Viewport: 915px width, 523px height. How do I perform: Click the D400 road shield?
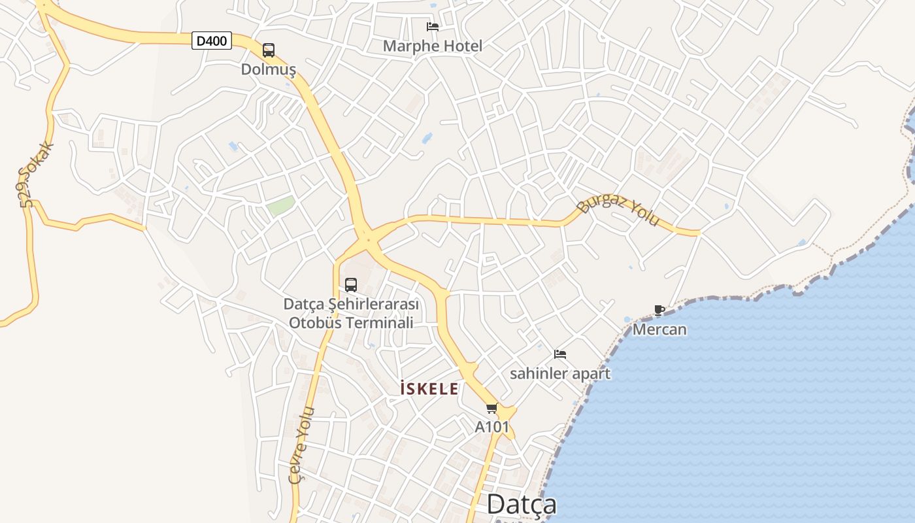pyautogui.click(x=212, y=41)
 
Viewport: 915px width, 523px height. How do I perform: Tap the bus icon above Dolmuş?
pyautogui.click(x=268, y=50)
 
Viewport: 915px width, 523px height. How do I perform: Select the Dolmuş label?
pyautogui.click(x=269, y=69)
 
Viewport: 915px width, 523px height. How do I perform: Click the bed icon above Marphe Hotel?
pyautogui.click(x=433, y=27)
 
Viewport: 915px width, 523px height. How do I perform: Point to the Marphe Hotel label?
pyautogui.click(x=433, y=46)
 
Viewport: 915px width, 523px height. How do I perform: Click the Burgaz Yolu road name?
pyautogui.click(x=618, y=210)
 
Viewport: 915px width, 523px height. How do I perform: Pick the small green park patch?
pyautogui.click(x=280, y=207)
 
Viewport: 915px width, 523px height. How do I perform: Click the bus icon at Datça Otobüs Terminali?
pyautogui.click(x=351, y=285)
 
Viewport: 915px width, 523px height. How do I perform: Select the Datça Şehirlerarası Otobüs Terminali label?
pyautogui.click(x=352, y=313)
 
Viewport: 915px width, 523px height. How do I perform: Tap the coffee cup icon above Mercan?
pyautogui.click(x=659, y=311)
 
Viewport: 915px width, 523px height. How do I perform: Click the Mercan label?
pyautogui.click(x=659, y=329)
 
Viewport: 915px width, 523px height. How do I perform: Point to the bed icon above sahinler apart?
pyautogui.click(x=560, y=354)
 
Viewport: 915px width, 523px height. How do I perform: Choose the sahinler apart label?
pyautogui.click(x=560, y=373)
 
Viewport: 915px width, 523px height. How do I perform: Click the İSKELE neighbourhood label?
pyautogui.click(x=429, y=389)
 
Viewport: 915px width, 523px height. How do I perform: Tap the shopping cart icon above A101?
pyautogui.click(x=491, y=409)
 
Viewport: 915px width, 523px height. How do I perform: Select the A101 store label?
pyautogui.click(x=491, y=427)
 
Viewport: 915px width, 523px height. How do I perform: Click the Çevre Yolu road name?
pyautogui.click(x=302, y=445)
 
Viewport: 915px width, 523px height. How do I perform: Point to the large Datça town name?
pyautogui.click(x=522, y=504)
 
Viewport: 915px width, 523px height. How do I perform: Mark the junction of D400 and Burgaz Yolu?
pyautogui.click(x=367, y=239)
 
